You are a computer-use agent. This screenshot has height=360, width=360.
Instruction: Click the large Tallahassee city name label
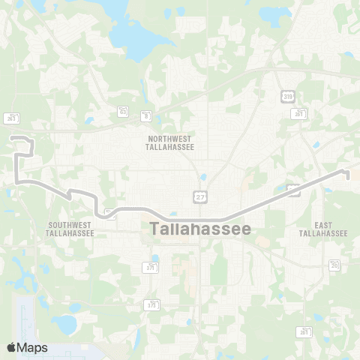click(x=201, y=229)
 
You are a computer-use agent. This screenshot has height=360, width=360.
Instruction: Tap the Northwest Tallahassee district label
click(x=169, y=143)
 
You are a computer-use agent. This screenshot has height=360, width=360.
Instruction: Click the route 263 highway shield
click(x=10, y=118)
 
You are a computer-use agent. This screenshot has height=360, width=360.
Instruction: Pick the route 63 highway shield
click(x=122, y=110)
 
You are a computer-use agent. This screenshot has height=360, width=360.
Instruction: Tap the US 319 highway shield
click(x=288, y=95)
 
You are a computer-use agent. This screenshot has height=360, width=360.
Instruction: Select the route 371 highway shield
click(x=152, y=267)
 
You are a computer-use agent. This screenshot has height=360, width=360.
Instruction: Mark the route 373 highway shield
click(x=152, y=304)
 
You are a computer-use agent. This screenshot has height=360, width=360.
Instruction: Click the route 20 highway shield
click(x=334, y=264)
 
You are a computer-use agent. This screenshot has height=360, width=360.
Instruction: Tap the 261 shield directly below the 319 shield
click(x=298, y=113)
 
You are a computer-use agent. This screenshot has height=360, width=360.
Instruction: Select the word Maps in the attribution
click(x=34, y=347)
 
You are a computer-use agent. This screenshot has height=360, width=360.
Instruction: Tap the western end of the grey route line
click(x=10, y=137)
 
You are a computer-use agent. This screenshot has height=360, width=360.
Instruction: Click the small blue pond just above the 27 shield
click(x=202, y=178)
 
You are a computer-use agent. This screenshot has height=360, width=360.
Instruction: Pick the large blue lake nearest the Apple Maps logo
click(x=66, y=324)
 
